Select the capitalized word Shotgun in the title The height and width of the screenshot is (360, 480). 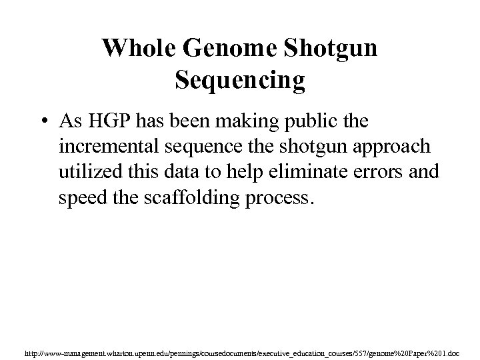tap(334, 48)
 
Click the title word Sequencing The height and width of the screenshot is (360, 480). tap(240, 80)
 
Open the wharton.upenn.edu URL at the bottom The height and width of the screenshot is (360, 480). tap(239, 349)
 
